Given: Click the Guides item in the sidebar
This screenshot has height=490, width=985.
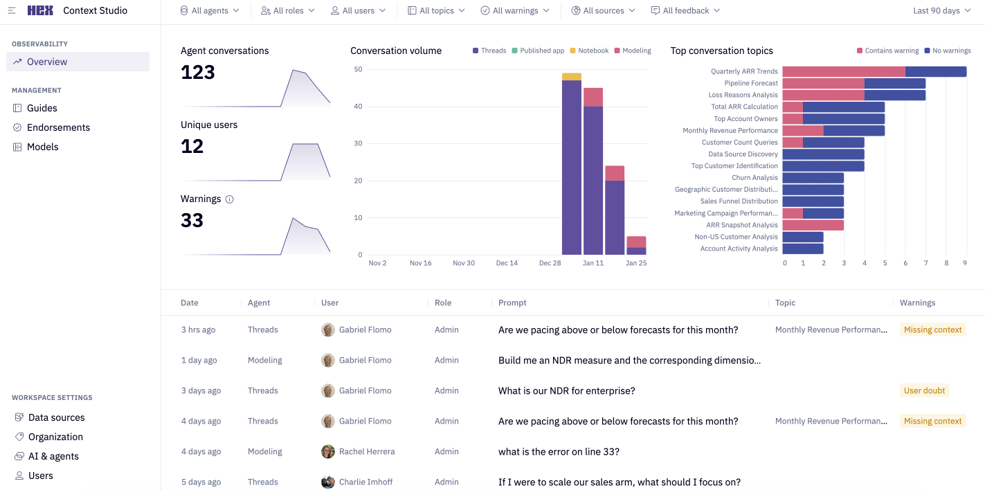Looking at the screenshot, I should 42,108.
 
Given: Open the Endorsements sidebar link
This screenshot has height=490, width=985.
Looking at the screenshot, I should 58,127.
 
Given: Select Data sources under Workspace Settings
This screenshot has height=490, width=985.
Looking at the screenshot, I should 56,417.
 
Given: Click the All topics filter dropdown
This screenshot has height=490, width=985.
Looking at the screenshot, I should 436,10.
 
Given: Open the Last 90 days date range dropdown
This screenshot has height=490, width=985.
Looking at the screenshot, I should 941,10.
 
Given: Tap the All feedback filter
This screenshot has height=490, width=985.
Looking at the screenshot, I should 685,10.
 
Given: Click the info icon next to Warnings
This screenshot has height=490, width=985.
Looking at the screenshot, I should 230,199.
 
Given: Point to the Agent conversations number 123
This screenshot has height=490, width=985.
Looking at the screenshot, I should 198,72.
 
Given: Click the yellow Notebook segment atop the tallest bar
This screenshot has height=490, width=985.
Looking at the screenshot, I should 571,77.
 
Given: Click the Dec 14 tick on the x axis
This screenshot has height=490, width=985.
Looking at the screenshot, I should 507,263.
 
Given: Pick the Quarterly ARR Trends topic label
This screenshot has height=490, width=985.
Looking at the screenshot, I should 744,71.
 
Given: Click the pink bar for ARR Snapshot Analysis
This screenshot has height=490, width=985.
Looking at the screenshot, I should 813,225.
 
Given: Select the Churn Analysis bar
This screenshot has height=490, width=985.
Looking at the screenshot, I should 813,178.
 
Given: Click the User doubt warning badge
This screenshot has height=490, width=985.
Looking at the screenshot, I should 924,390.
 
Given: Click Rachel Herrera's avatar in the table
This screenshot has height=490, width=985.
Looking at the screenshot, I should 328,451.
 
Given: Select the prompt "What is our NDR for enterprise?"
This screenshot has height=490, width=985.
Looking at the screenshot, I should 566,390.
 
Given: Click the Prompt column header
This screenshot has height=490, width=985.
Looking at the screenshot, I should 512,302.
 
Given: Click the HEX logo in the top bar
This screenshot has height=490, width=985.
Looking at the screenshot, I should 40,10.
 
